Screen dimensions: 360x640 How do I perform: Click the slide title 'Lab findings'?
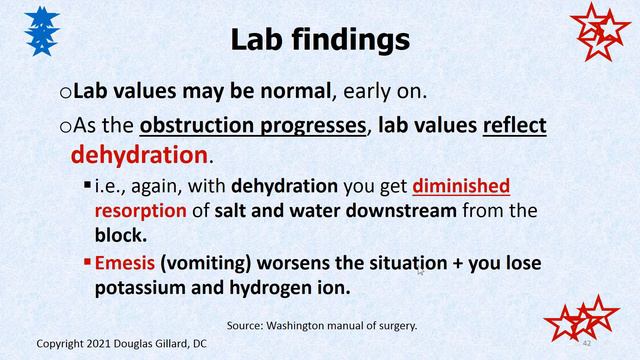click(x=319, y=39)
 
